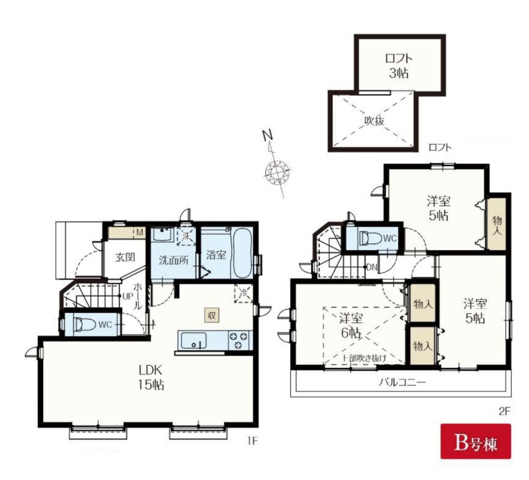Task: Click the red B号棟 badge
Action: pyautogui.click(x=476, y=442)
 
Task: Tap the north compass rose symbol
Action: pyautogui.click(x=277, y=173)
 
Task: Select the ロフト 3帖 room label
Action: pyautogui.click(x=399, y=66)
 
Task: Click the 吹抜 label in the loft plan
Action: pyautogui.click(x=374, y=120)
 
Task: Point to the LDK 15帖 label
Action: pyautogui.click(x=151, y=377)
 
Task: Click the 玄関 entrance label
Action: pyautogui.click(x=125, y=257)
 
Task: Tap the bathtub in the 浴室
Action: pyautogui.click(x=243, y=253)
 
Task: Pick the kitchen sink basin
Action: pyautogui.click(x=194, y=340)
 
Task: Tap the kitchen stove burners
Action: pyautogui.click(x=239, y=340)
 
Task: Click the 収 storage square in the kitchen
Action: pyautogui.click(x=211, y=315)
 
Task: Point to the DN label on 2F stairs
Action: pyautogui.click(x=371, y=268)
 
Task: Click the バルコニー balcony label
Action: pyautogui.click(x=402, y=382)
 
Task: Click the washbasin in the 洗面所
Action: pyautogui.click(x=163, y=235)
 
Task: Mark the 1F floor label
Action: pyautogui.click(x=252, y=441)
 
